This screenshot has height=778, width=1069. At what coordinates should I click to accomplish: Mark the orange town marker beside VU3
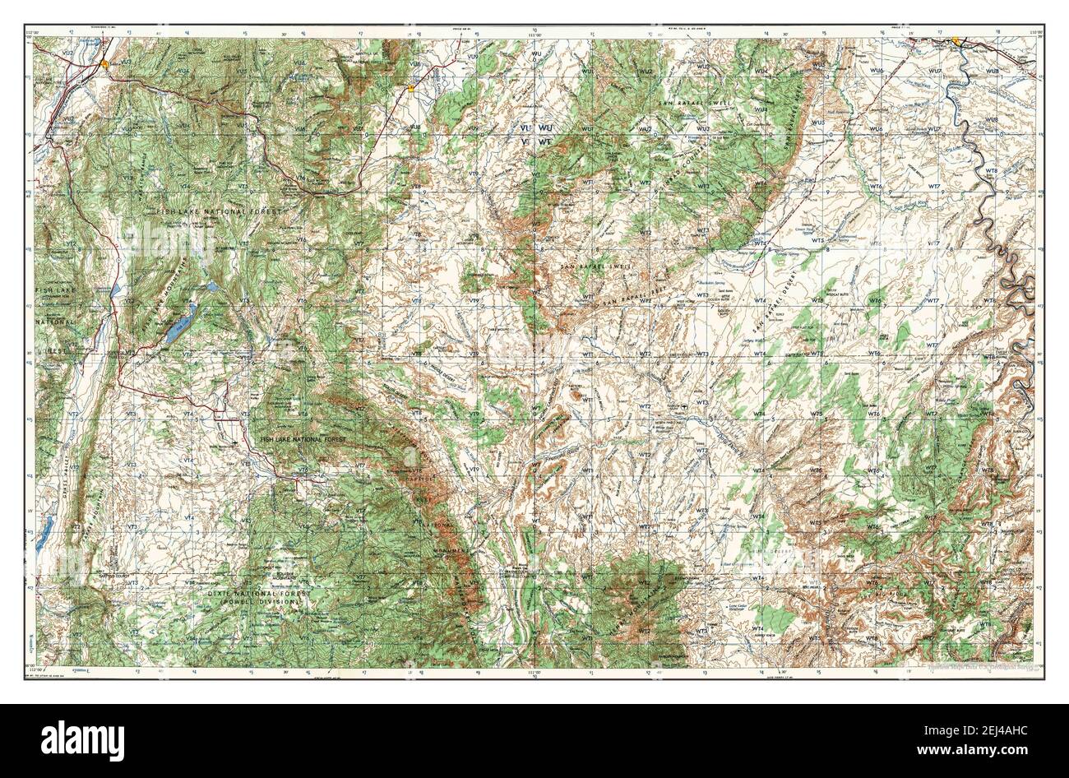104,62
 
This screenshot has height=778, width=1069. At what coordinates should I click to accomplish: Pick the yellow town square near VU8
410,85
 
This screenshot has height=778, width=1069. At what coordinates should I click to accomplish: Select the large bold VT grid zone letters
524,141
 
